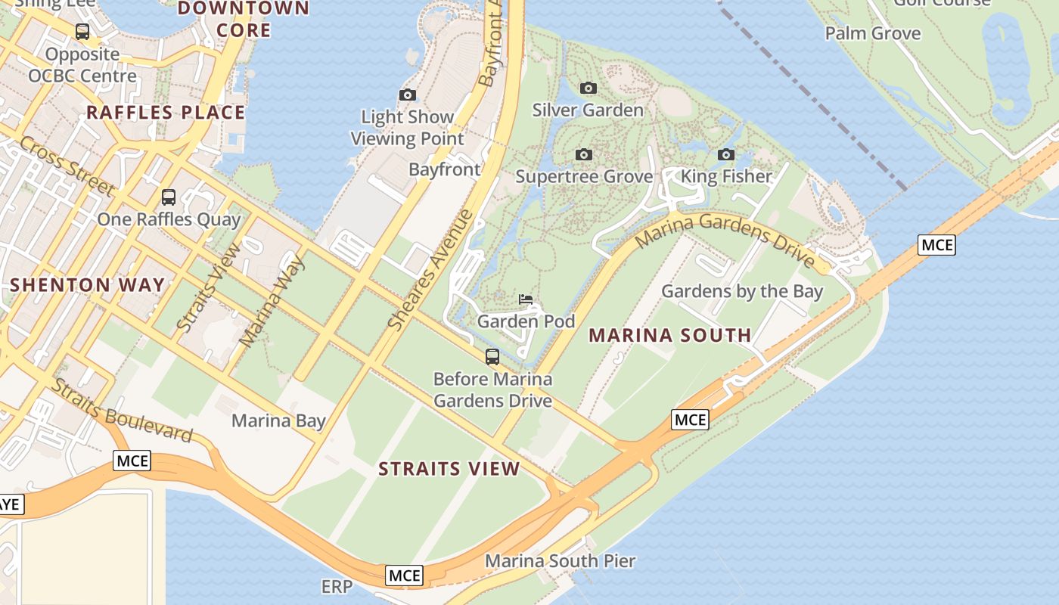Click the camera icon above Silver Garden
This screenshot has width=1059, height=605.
pos(588,88)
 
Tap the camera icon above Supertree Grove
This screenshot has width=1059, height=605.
pos(583,155)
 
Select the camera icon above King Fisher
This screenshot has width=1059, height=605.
pos(726,155)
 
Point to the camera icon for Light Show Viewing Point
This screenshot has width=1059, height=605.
pos(408,95)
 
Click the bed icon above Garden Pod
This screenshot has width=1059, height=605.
pos(526,299)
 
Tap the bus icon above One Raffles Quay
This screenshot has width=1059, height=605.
pos(169,197)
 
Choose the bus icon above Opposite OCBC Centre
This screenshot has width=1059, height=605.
pos(82,32)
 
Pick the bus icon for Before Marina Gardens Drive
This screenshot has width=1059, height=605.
pos(492,357)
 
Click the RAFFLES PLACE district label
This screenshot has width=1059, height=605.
pos(166,113)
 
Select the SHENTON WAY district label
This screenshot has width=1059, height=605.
pos(87,285)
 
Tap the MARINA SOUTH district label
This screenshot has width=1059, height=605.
pos(669,335)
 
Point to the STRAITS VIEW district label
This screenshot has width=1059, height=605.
pos(449,469)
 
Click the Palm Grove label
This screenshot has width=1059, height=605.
pos(872,33)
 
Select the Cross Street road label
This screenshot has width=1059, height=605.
pos(67,166)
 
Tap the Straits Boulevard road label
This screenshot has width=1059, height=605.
pos(123,410)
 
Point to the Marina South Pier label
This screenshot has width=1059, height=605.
pos(560,561)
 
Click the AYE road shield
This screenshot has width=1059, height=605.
pos(9,504)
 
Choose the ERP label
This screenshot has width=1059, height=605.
pos(337,587)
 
